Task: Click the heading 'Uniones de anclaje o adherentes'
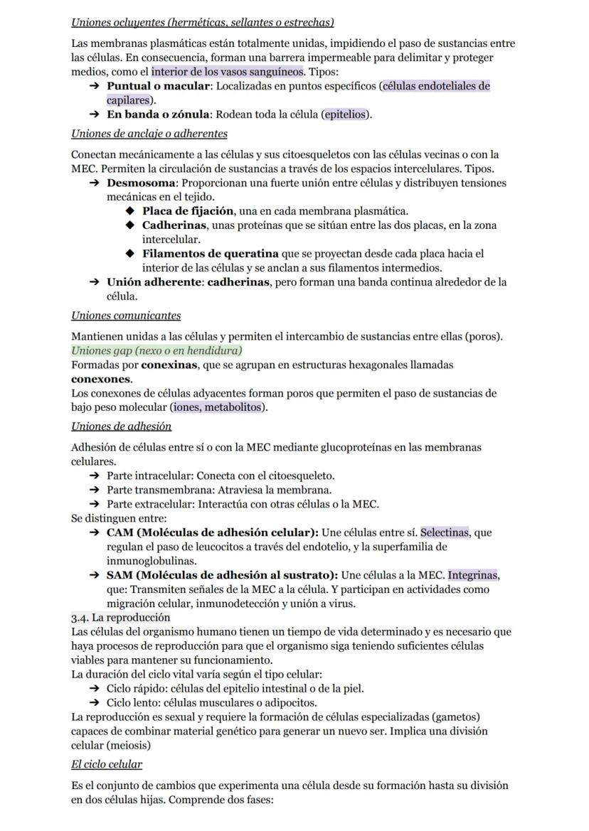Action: (149, 134)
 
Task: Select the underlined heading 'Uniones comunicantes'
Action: (126, 316)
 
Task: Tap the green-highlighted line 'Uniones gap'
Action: (156, 350)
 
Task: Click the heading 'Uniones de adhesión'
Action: (121, 427)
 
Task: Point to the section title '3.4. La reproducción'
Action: (120, 617)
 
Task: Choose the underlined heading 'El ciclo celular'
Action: (107, 764)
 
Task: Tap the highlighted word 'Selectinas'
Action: (445, 532)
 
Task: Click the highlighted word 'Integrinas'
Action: (474, 575)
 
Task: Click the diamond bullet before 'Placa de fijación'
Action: (129, 211)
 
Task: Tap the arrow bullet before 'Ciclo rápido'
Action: (94, 689)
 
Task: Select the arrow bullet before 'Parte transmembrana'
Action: (94, 490)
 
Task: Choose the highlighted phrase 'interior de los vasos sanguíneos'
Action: (228, 72)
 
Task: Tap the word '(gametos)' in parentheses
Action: (455, 717)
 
